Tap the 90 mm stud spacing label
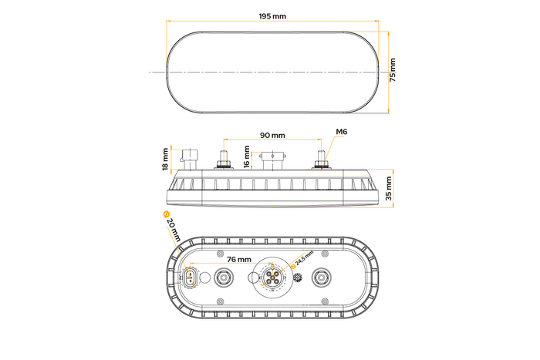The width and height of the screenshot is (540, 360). pyautogui.click(x=272, y=136)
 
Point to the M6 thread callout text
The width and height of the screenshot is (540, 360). pyautogui.click(x=342, y=133)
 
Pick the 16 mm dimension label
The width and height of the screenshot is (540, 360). pyautogui.click(x=247, y=156)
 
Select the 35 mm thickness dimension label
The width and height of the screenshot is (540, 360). pyautogui.click(x=391, y=187)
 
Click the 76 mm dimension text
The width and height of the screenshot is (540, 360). pyautogui.click(x=238, y=259)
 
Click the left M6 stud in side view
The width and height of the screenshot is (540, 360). pyautogui.click(x=223, y=161)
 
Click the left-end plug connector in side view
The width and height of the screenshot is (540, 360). pyautogui.click(x=189, y=156)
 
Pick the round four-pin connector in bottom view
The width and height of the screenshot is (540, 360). pyautogui.click(x=272, y=277)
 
